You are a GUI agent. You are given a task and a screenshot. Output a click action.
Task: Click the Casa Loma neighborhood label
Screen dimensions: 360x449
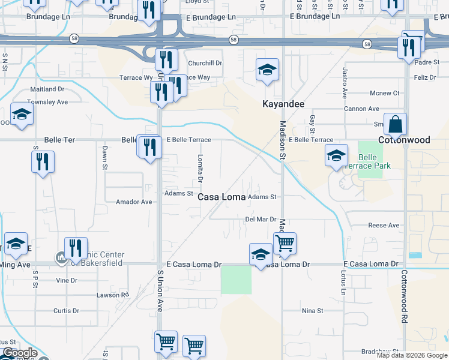pyautogui.click(x=221, y=197)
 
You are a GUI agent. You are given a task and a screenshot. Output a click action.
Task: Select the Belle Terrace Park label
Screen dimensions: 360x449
pyautogui.click(x=375, y=161)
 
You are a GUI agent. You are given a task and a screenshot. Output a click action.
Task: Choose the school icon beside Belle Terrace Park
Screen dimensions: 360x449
pyautogui.click(x=336, y=155)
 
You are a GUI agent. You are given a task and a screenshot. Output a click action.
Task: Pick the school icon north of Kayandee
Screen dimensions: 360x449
pyautogui.click(x=267, y=70)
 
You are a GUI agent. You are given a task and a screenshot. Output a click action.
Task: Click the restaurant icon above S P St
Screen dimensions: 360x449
pyautogui.click(x=43, y=162)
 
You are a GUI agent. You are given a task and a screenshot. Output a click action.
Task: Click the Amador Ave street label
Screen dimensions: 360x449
pyautogui.click(x=134, y=202)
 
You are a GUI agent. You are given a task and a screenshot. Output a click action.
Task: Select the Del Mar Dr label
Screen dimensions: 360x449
pyautogui.click(x=261, y=220)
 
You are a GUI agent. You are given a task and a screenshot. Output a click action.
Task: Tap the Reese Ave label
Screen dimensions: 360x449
pyautogui.click(x=384, y=226)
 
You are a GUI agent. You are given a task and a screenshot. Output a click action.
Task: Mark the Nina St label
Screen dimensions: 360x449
pyautogui.click(x=312, y=311)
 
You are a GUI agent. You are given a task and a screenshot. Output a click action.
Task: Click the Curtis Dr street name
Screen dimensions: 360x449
pyautogui.click(x=66, y=311)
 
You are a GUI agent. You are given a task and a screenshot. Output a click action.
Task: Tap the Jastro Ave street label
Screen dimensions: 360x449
pyautogui.click(x=345, y=83)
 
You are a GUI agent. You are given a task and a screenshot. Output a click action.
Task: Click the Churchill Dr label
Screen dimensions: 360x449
pyautogui.click(x=205, y=63)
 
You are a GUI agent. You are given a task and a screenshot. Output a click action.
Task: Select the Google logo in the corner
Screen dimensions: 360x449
pyautogui.click(x=20, y=353)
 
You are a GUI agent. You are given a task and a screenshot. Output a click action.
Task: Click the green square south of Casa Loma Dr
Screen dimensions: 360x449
pyautogui.click(x=236, y=280)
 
